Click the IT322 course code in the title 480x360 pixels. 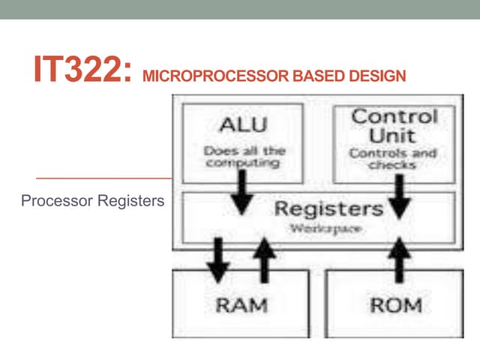pyautogui.click(x=82, y=69)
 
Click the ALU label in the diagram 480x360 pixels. pyautogui.click(x=242, y=124)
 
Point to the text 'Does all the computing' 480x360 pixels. pyautogui.click(x=243, y=156)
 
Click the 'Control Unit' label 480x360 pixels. pyautogui.click(x=394, y=126)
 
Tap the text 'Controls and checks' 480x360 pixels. pyautogui.click(x=393, y=159)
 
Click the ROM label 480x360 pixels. pyautogui.click(x=395, y=305)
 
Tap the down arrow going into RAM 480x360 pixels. pyautogui.click(x=217, y=259)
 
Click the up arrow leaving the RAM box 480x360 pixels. pyautogui.click(x=263, y=258)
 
